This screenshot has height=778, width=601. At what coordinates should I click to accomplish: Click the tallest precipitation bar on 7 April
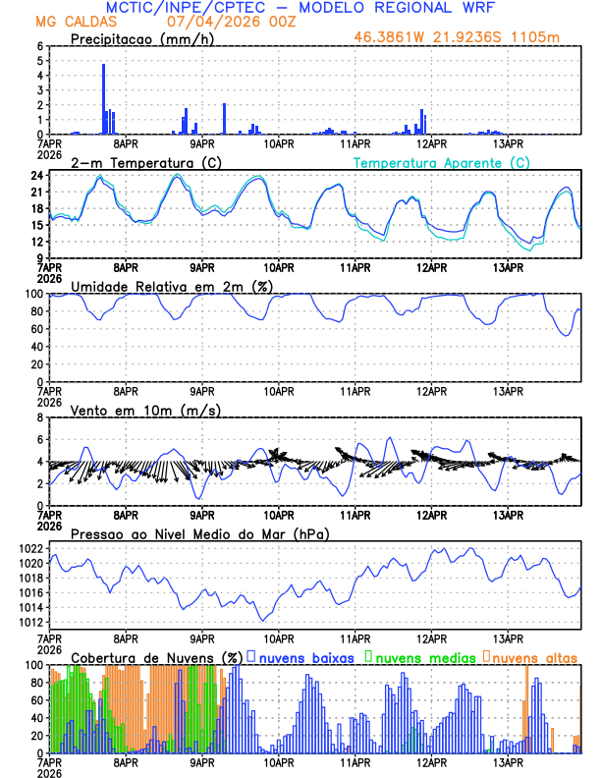(x=103, y=98)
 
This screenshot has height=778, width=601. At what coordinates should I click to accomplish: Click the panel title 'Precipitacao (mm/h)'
(x=137, y=38)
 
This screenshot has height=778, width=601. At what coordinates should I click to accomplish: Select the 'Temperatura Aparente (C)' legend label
(x=441, y=162)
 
